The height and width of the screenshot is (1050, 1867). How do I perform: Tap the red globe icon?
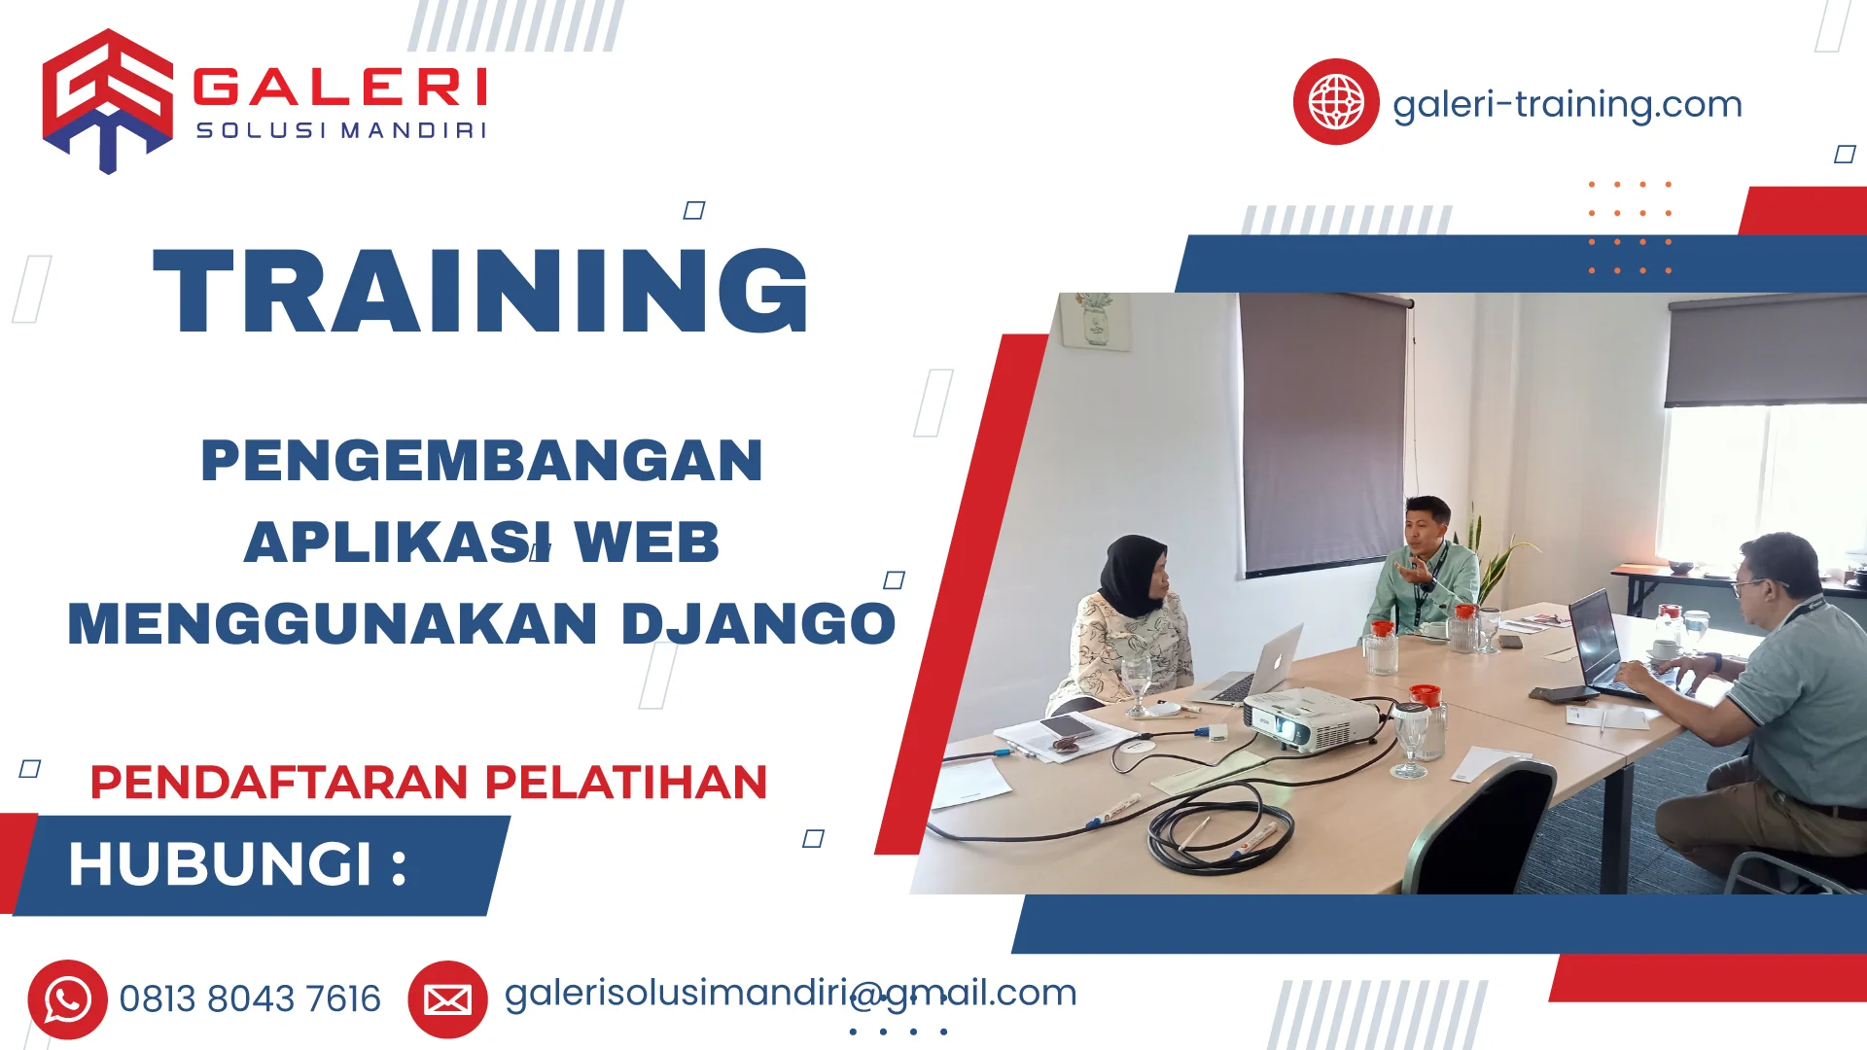[1335, 101]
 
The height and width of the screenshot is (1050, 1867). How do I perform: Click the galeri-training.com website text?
[1567, 104]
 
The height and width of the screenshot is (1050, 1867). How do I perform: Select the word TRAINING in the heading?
[481, 292]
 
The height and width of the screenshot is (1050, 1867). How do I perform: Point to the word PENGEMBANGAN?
[481, 461]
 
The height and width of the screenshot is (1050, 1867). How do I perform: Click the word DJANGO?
[757, 623]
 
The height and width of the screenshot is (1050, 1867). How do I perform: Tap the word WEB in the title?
[647, 542]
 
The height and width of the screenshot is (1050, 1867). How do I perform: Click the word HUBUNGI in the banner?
[221, 863]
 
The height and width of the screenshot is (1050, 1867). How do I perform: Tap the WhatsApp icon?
[67, 999]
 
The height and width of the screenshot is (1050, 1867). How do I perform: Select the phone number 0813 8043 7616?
[250, 999]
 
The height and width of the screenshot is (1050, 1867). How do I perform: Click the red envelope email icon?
[447, 999]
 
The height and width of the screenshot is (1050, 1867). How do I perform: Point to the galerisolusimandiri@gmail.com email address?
[790, 993]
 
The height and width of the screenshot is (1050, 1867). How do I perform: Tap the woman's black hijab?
[1133, 574]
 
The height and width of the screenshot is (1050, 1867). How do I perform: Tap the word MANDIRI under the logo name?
[413, 130]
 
